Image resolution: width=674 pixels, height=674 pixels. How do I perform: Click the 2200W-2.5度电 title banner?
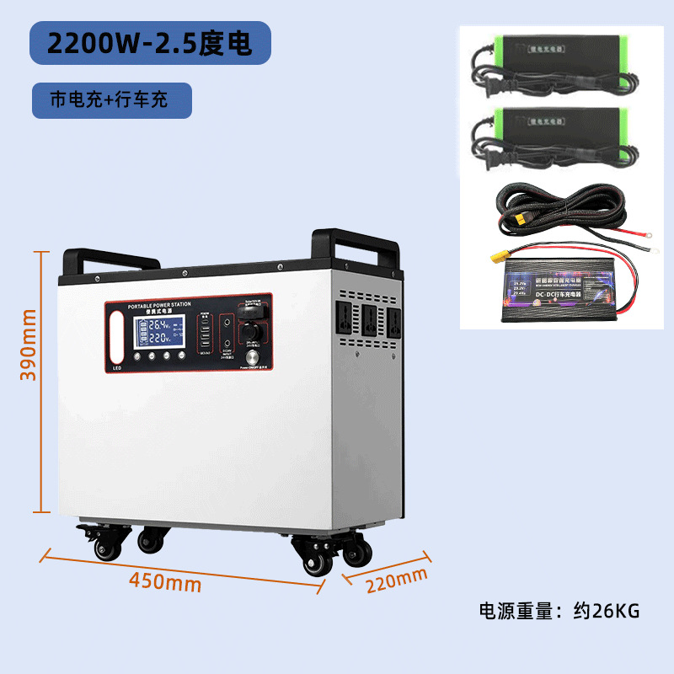(x=150, y=44)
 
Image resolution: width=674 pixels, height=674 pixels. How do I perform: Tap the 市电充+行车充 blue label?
(x=109, y=99)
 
